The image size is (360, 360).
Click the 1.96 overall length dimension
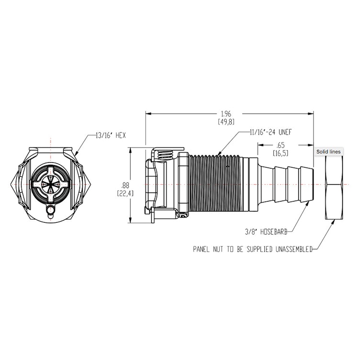tap(226, 117)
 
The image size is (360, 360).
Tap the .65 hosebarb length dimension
tap(281, 149)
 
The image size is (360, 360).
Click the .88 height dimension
tap(125, 189)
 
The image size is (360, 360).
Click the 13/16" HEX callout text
tap(111, 135)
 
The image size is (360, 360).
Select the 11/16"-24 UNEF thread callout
tap(270, 132)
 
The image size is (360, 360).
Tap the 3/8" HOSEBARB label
tap(266, 232)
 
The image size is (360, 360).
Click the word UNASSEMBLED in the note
tap(294, 249)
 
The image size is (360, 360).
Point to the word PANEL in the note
tap(201, 249)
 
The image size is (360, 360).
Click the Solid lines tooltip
tap(328, 152)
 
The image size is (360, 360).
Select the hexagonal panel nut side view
tap(334, 187)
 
